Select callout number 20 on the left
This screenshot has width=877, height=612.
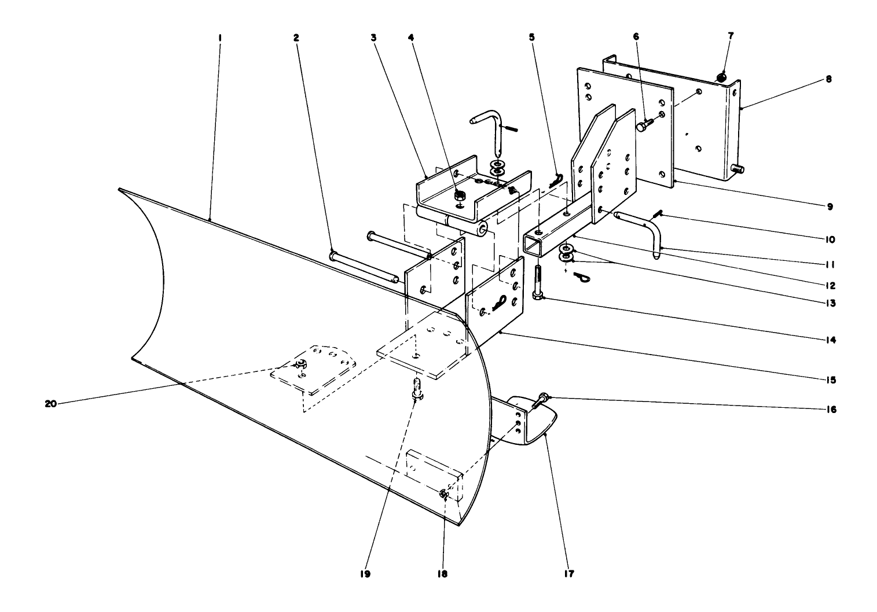tap(51, 404)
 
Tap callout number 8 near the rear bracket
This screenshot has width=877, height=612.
tap(828, 80)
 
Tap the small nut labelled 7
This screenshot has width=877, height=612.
tap(721, 76)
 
